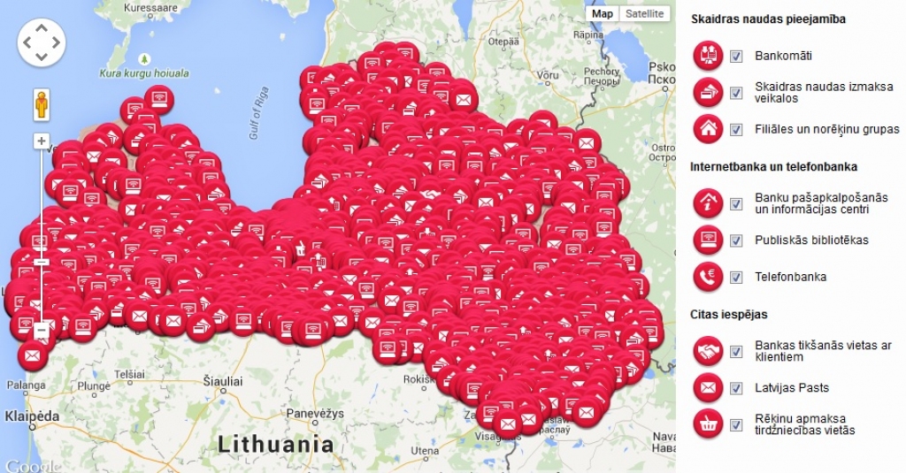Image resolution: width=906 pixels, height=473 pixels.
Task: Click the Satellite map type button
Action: click(x=643, y=13)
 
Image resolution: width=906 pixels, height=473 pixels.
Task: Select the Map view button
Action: click(x=603, y=13)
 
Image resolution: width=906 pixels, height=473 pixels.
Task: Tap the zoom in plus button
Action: click(x=41, y=141)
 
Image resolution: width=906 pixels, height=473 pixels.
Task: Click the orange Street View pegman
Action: click(x=41, y=105)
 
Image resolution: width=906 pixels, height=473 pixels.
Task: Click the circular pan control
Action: click(x=42, y=42)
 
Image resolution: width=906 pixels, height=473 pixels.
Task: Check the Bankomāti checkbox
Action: click(x=736, y=57)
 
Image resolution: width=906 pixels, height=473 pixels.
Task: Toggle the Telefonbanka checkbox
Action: click(x=736, y=277)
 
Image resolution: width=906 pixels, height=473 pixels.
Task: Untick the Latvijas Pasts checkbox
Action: click(x=736, y=387)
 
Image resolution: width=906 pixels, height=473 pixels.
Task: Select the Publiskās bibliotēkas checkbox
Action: click(x=736, y=240)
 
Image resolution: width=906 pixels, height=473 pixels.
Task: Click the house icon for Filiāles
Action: click(x=708, y=129)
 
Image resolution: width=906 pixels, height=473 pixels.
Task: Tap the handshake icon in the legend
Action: click(x=708, y=351)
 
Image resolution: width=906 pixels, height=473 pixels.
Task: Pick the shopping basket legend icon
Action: click(x=708, y=424)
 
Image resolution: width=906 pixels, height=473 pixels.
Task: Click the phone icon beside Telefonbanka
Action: click(x=708, y=277)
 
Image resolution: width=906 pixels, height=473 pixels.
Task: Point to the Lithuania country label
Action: click(x=277, y=442)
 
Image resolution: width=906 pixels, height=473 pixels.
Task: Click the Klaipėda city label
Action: click(x=33, y=416)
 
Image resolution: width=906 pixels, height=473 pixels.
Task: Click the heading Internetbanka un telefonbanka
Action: click(x=773, y=166)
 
